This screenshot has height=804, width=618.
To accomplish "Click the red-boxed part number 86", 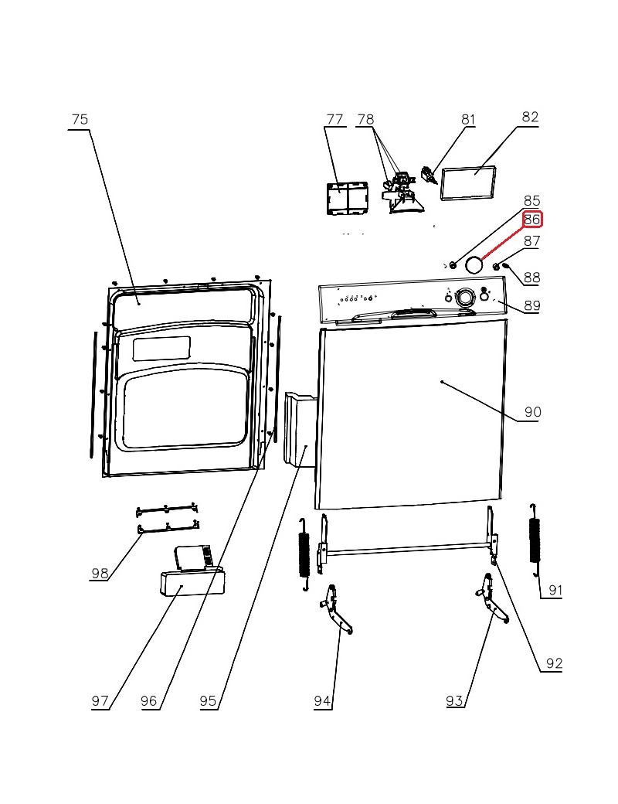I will tap(532, 220).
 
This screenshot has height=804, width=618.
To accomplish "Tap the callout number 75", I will tap(80, 120).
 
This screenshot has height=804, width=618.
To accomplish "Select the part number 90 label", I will tap(533, 412).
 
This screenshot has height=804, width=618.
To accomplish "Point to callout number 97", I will tap(100, 701).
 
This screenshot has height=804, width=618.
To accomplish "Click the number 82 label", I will tap(530, 118).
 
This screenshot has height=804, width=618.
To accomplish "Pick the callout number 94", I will tap(323, 701).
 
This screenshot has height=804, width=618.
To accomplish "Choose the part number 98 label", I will tap(100, 573).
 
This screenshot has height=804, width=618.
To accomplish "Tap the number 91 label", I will tap(555, 591).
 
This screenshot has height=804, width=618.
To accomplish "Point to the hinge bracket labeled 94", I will tap(338, 612).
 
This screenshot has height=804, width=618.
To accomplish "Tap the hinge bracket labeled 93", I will tap(490, 604).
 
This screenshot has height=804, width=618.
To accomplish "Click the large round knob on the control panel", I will tap(465, 298).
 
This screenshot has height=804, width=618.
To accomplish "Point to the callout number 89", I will tap(531, 305).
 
